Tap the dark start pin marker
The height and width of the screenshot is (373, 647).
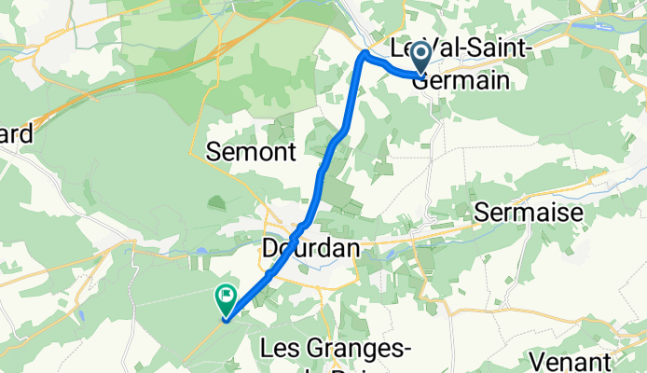coord(421,57)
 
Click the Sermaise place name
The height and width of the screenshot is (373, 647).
coord(529,213)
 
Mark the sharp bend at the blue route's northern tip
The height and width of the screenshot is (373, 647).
coord(364,56)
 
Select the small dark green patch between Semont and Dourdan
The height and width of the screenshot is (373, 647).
coord(217,201)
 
